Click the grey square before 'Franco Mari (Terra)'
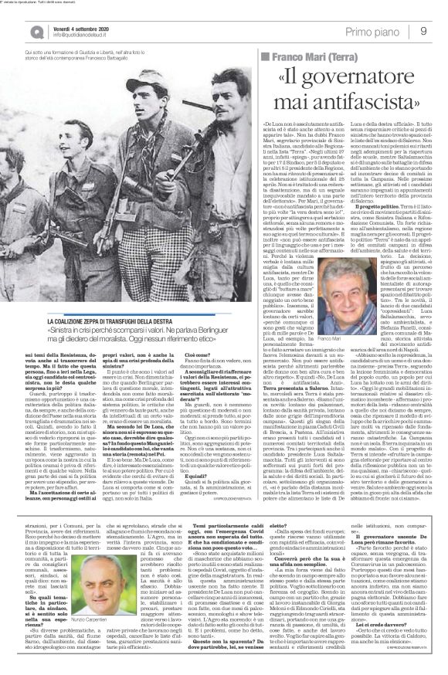tap(266, 58)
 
